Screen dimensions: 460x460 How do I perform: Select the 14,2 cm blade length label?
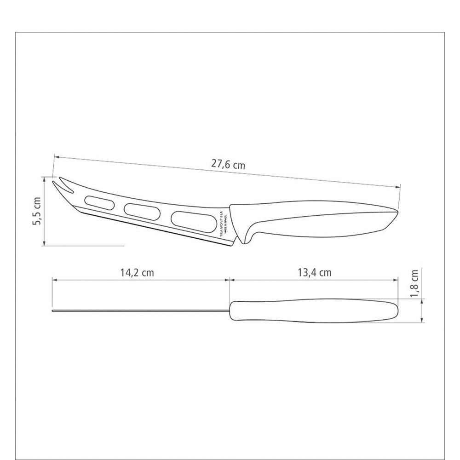click(x=137, y=272)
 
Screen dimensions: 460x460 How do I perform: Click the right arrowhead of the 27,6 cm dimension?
click(x=397, y=186)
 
